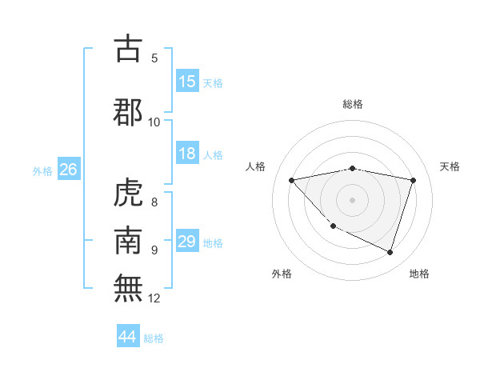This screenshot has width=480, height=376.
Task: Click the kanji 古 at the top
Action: [x=129, y=50]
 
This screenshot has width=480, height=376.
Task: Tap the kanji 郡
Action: [x=129, y=111]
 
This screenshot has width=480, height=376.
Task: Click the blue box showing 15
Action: [x=187, y=82]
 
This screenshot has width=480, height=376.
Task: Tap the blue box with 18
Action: [x=187, y=154]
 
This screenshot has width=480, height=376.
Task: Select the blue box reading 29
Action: [x=187, y=242]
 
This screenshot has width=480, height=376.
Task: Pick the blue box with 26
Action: [x=68, y=170]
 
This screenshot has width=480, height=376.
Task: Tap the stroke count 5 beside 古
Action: [x=154, y=58]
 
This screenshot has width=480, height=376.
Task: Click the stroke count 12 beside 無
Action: [x=154, y=298]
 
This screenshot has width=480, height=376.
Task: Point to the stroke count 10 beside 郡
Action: [x=154, y=122]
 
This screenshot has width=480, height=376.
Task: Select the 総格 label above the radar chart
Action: [x=353, y=104]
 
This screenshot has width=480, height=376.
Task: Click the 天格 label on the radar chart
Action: [x=450, y=166]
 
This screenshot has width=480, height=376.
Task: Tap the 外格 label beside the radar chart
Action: [x=282, y=274]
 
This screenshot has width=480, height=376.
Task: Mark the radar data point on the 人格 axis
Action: [x=292, y=180]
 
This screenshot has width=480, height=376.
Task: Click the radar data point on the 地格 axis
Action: [x=390, y=253]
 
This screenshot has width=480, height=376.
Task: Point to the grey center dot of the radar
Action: [x=352, y=199]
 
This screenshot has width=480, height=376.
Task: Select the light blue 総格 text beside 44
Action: [x=154, y=338]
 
